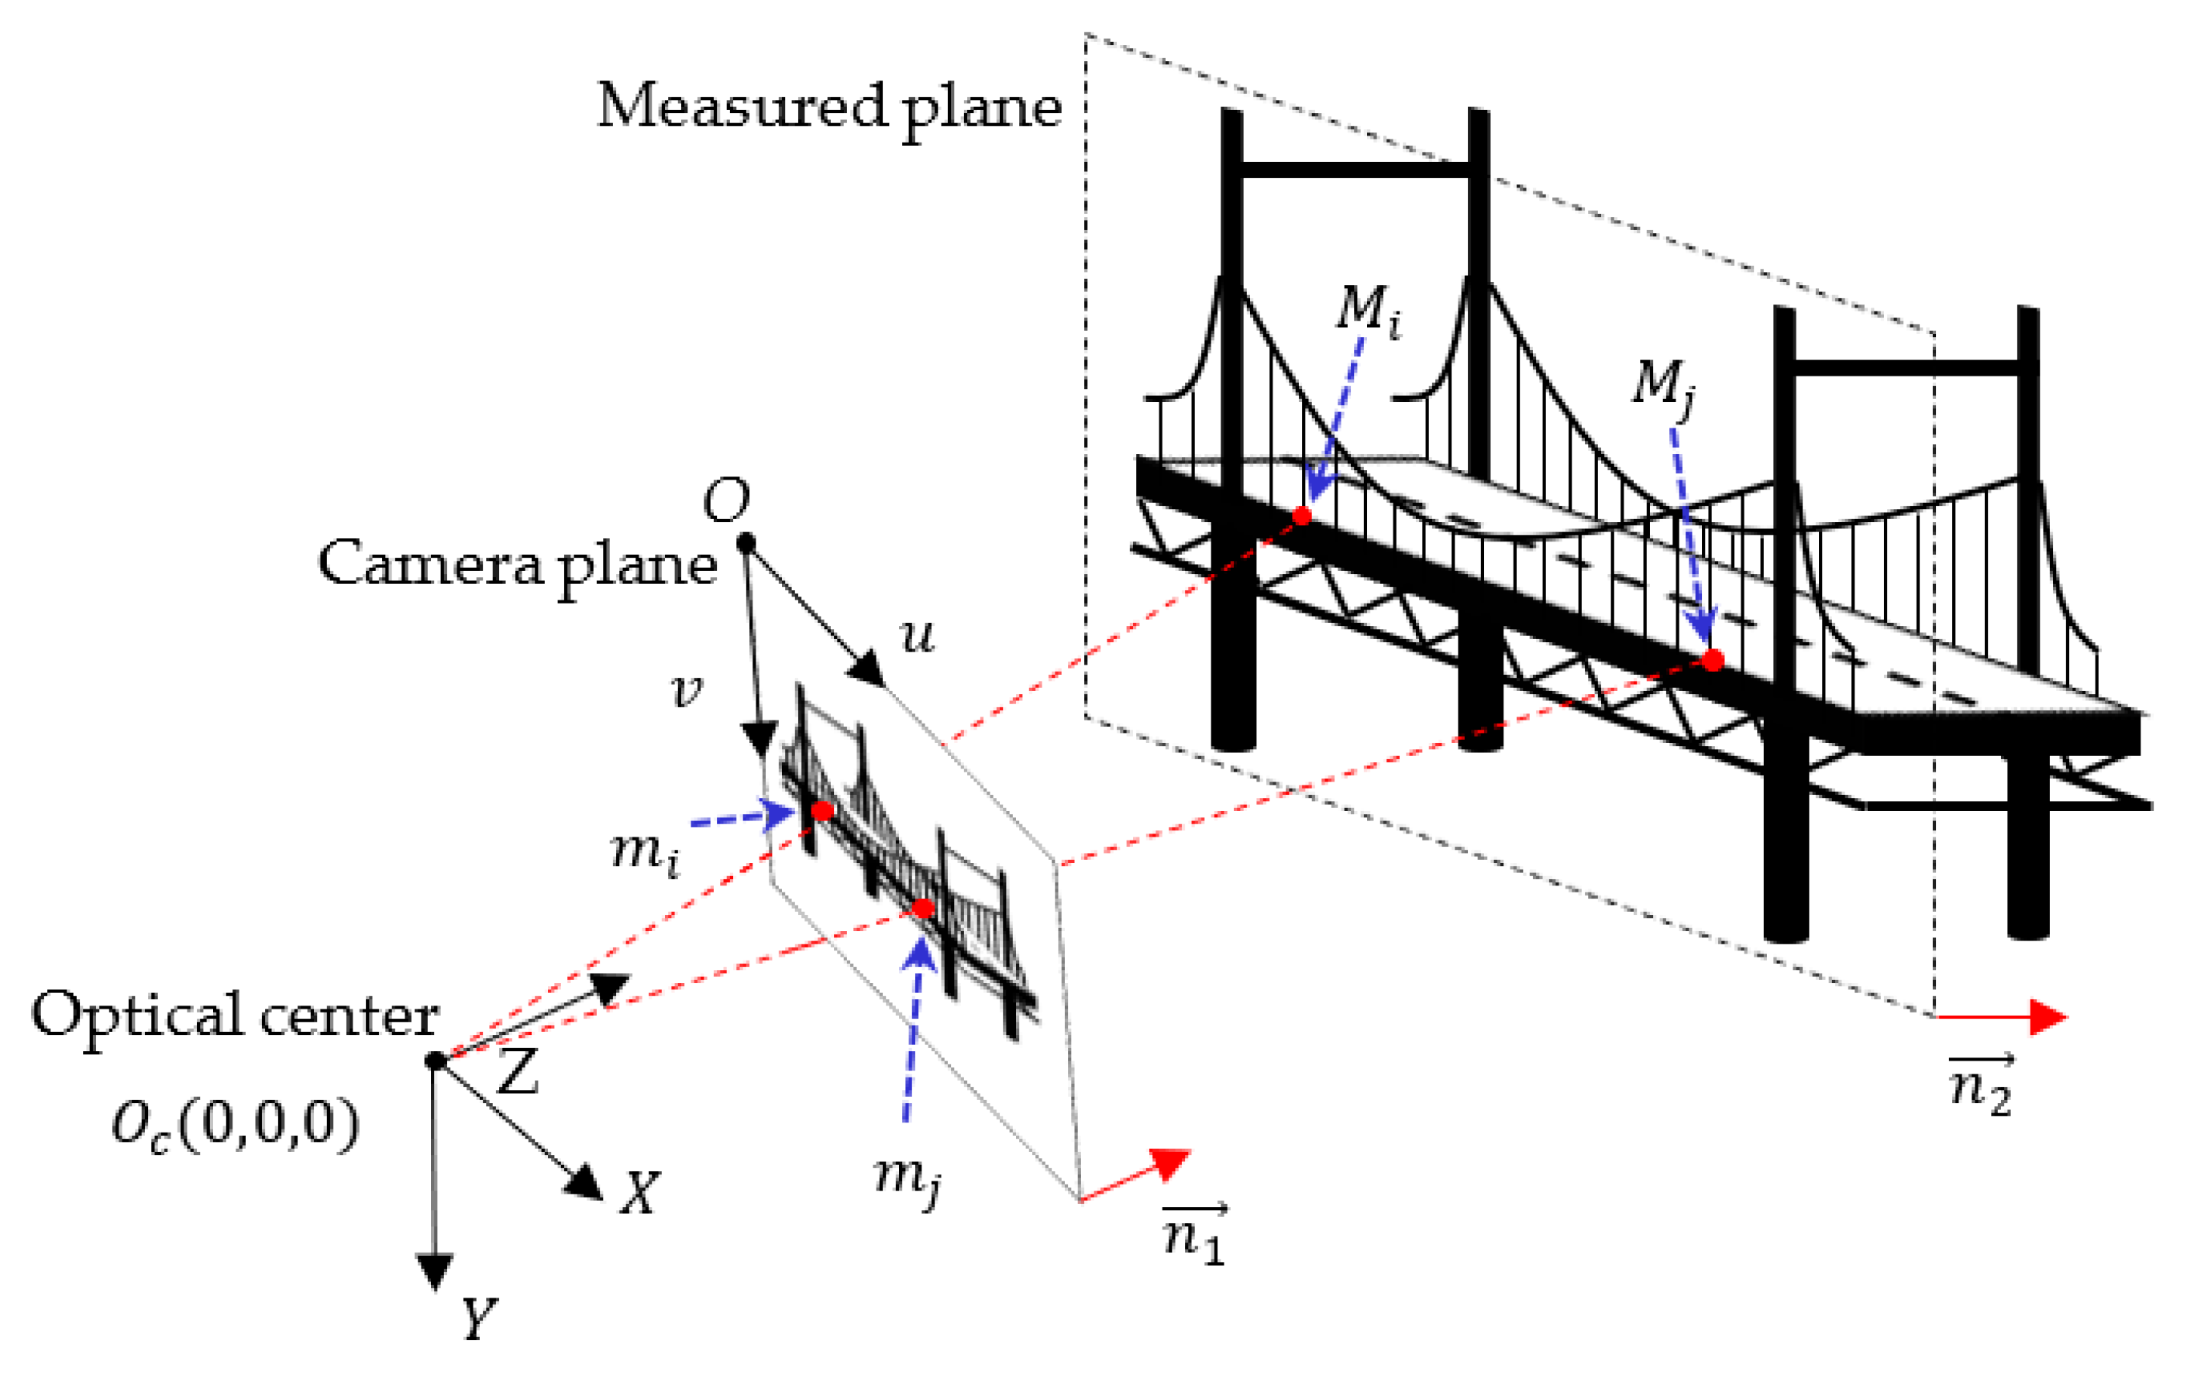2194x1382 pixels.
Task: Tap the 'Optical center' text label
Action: click(x=235, y=1016)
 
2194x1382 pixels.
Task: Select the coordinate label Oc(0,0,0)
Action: click(x=235, y=1127)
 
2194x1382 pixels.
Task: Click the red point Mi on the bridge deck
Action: click(x=1302, y=517)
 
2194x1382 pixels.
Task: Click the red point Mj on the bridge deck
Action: click(x=1713, y=659)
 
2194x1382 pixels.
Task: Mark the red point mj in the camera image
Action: click(x=923, y=908)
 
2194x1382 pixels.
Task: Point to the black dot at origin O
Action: click(x=746, y=543)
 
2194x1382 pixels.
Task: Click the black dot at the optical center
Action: click(x=436, y=1061)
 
